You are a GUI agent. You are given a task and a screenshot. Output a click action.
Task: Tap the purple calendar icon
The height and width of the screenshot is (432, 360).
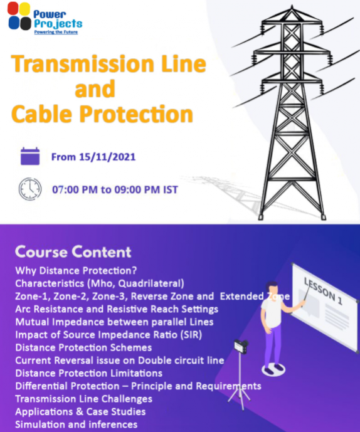[30, 156]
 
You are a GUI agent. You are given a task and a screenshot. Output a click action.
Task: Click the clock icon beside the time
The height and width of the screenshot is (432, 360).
[30, 189]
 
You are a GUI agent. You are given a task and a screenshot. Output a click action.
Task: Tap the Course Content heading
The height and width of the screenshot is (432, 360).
[73, 252]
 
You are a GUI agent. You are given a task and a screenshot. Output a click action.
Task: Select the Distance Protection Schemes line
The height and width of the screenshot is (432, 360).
[83, 347]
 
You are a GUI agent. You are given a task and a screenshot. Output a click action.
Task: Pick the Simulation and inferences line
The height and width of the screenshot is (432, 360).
[76, 424]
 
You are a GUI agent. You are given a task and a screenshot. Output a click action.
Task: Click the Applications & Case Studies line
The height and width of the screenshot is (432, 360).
[80, 411]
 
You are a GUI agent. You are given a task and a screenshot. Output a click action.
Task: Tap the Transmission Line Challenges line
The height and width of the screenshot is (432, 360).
[83, 399]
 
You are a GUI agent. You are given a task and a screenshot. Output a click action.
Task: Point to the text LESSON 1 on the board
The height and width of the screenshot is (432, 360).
[323, 290]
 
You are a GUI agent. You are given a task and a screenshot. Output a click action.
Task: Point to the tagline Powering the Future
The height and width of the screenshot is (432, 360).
[56, 31]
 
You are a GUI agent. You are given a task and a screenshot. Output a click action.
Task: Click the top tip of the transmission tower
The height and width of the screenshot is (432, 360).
[285, 11]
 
